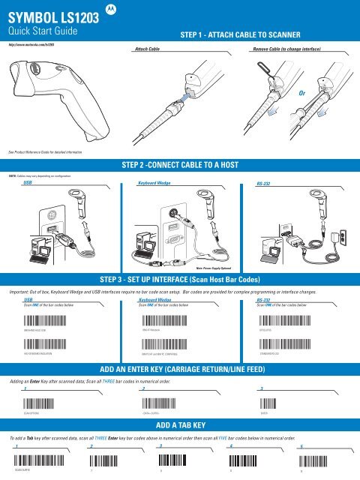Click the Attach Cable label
click(x=146, y=46)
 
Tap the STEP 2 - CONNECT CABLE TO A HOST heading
click(x=180, y=165)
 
